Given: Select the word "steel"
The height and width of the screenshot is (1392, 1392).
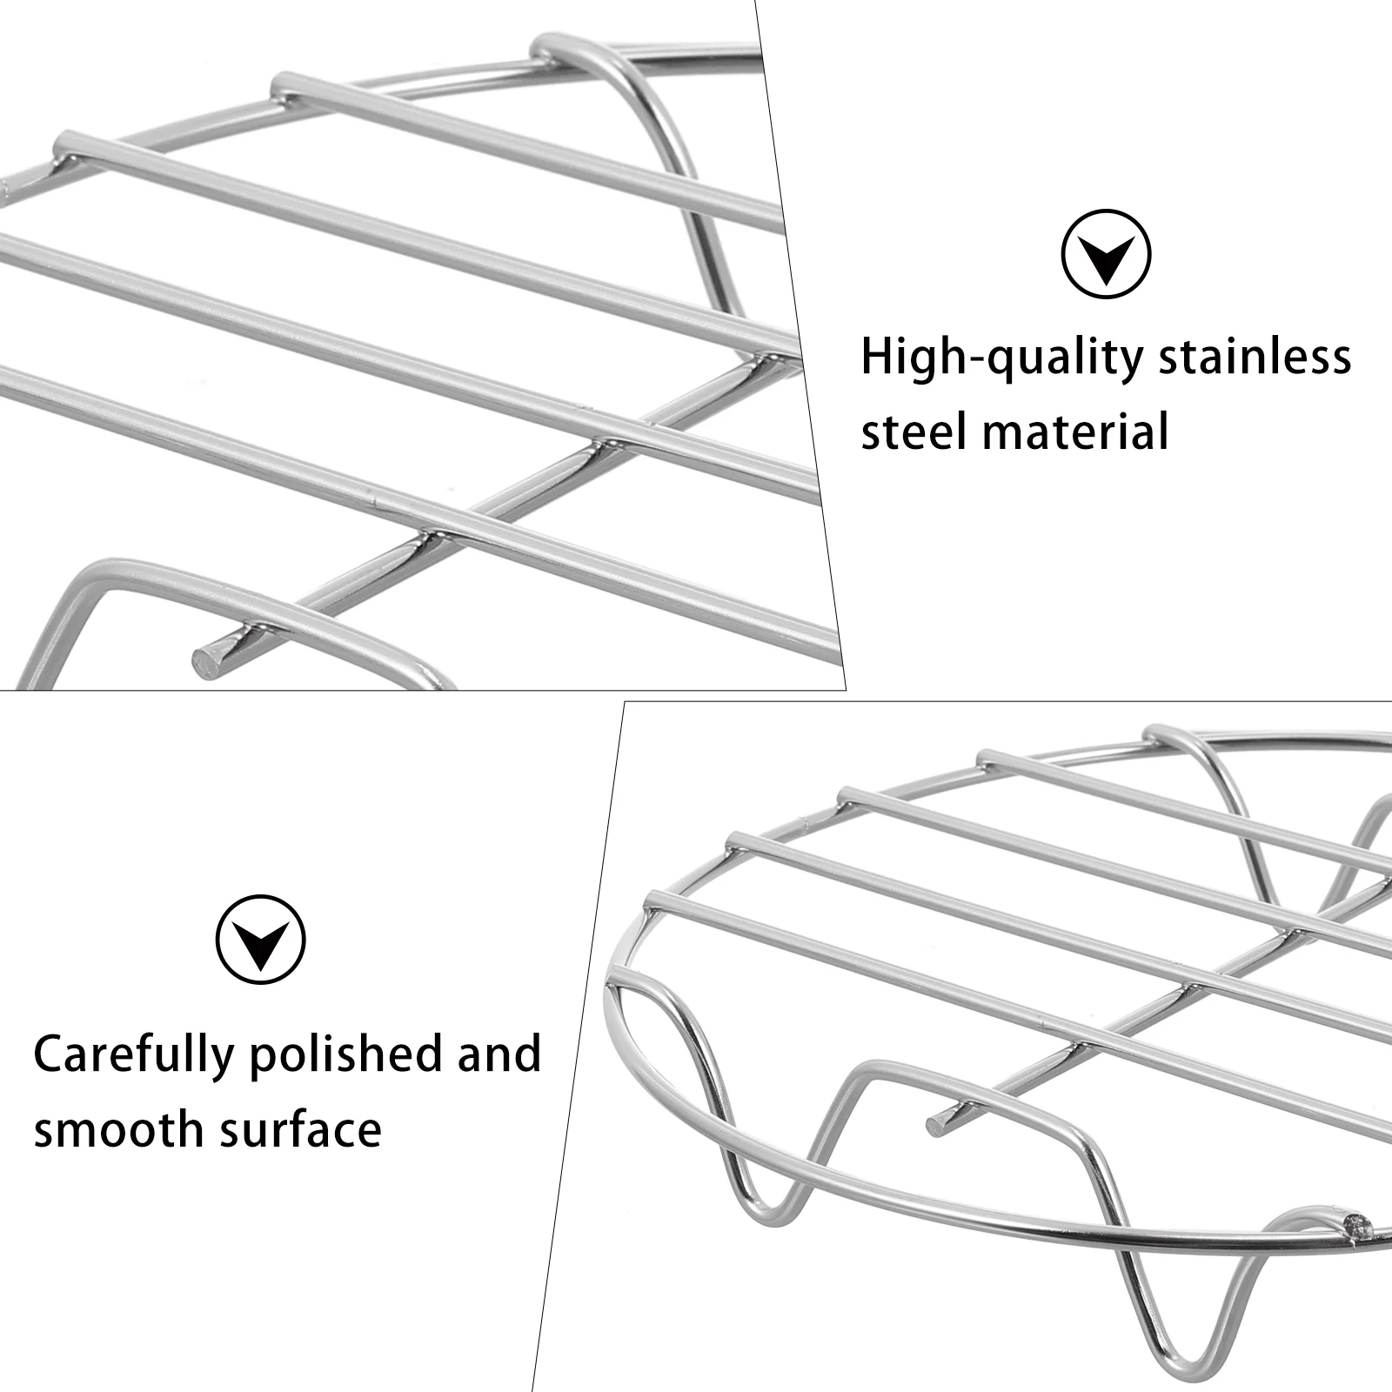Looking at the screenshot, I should point(913,432).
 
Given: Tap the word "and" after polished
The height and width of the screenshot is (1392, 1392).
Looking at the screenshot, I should point(499,1054).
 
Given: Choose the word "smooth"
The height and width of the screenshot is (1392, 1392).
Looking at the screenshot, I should point(118,1130).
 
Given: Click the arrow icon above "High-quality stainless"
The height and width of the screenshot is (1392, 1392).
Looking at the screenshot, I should point(1106,254).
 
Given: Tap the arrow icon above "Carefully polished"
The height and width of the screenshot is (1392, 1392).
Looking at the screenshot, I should point(261,940).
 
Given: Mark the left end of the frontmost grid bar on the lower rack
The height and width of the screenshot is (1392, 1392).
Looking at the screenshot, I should point(653,899).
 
